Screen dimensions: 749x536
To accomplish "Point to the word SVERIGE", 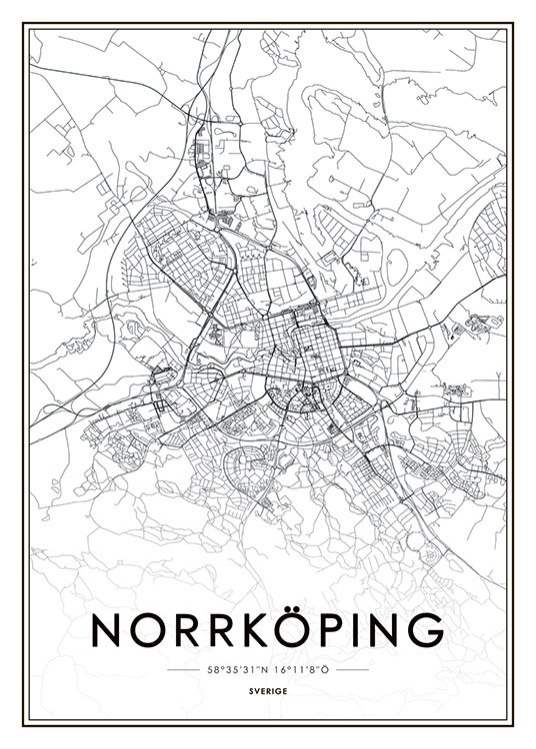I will pos(267,691).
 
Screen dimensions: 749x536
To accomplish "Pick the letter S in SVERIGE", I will pos(254,691).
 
